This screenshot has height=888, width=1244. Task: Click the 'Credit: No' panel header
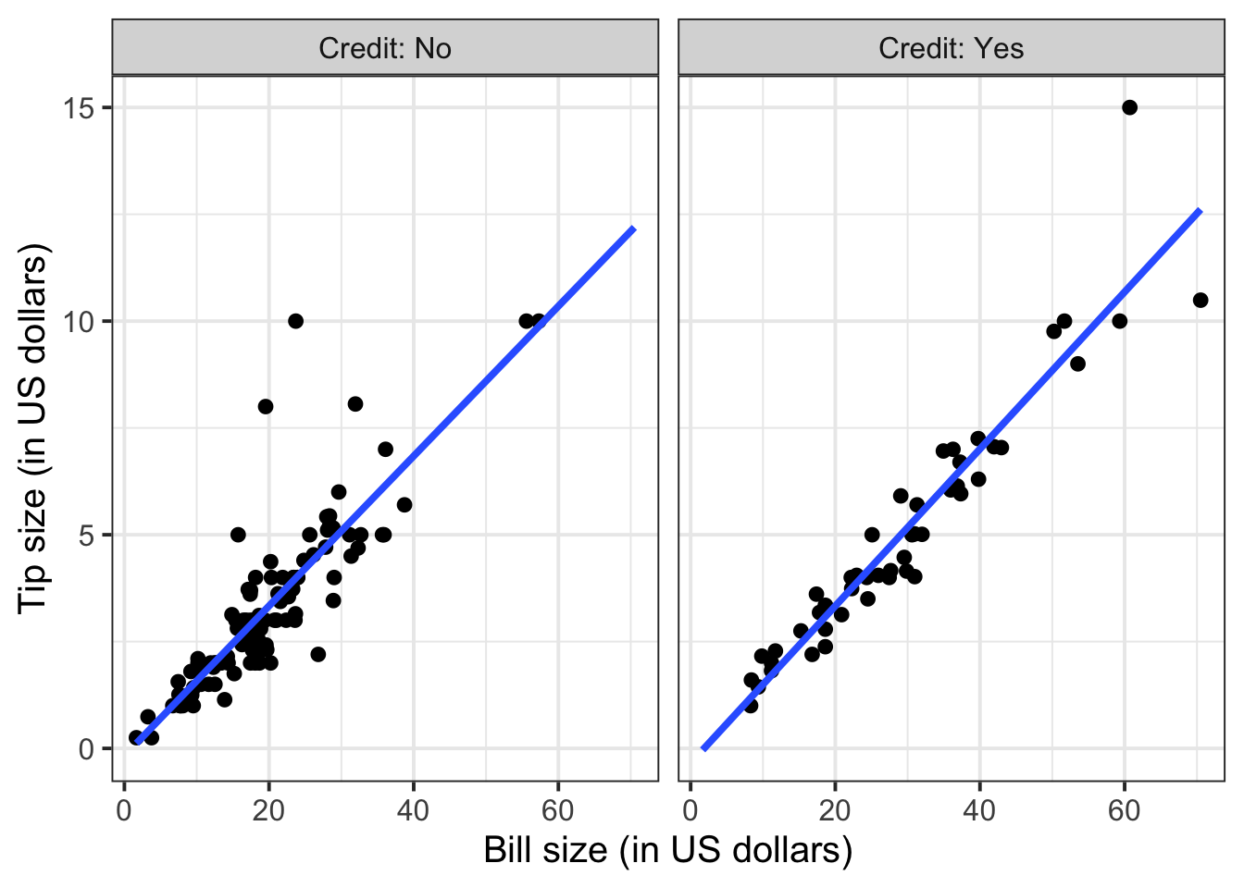click(385, 48)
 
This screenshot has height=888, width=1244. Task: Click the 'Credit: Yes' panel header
click(952, 48)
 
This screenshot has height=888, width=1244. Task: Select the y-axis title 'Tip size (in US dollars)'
click(33, 427)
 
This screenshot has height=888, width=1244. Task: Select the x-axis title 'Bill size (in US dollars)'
click(667, 849)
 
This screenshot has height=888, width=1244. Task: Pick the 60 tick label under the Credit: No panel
click(557, 811)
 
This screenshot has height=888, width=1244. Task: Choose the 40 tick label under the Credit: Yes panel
click(979, 811)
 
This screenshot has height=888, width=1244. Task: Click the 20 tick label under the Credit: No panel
click(268, 811)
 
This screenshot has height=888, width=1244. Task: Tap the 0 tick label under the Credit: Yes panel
click(690, 811)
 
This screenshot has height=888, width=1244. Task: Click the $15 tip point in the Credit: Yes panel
click(1129, 107)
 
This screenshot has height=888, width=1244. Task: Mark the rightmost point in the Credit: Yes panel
click(1200, 300)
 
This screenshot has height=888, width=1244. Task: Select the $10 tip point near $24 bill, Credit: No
click(295, 321)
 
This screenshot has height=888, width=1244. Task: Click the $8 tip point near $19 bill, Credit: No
click(266, 406)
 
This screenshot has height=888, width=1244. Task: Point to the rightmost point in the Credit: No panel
click(538, 321)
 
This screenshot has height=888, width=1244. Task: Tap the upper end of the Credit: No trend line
click(633, 228)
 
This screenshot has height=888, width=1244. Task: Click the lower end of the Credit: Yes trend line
click(704, 748)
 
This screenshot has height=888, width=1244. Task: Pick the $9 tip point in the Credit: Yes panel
click(1077, 364)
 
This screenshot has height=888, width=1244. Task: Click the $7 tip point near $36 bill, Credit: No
click(385, 450)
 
